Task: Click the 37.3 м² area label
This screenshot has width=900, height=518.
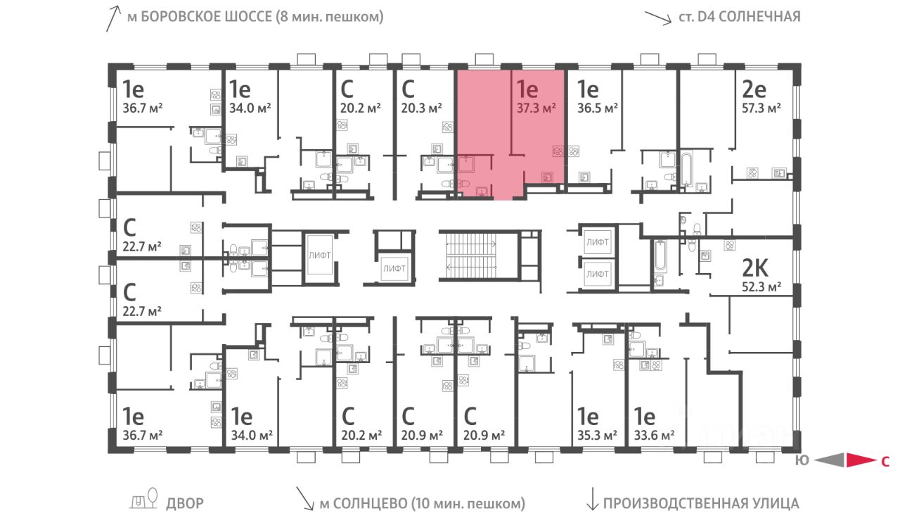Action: coord(537,108)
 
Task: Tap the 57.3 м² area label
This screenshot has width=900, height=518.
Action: coord(763,108)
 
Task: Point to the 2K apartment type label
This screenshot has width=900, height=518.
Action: coord(757,268)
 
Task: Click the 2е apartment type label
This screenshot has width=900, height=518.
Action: coord(754,89)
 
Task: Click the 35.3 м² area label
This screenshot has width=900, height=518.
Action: coord(597,435)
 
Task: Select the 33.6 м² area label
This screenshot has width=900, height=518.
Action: coord(655,435)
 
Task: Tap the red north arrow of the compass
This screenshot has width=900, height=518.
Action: coord(859,461)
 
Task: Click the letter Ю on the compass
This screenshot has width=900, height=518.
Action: coord(802,462)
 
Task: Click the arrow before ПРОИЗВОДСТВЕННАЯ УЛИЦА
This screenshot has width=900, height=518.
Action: coord(592,502)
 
